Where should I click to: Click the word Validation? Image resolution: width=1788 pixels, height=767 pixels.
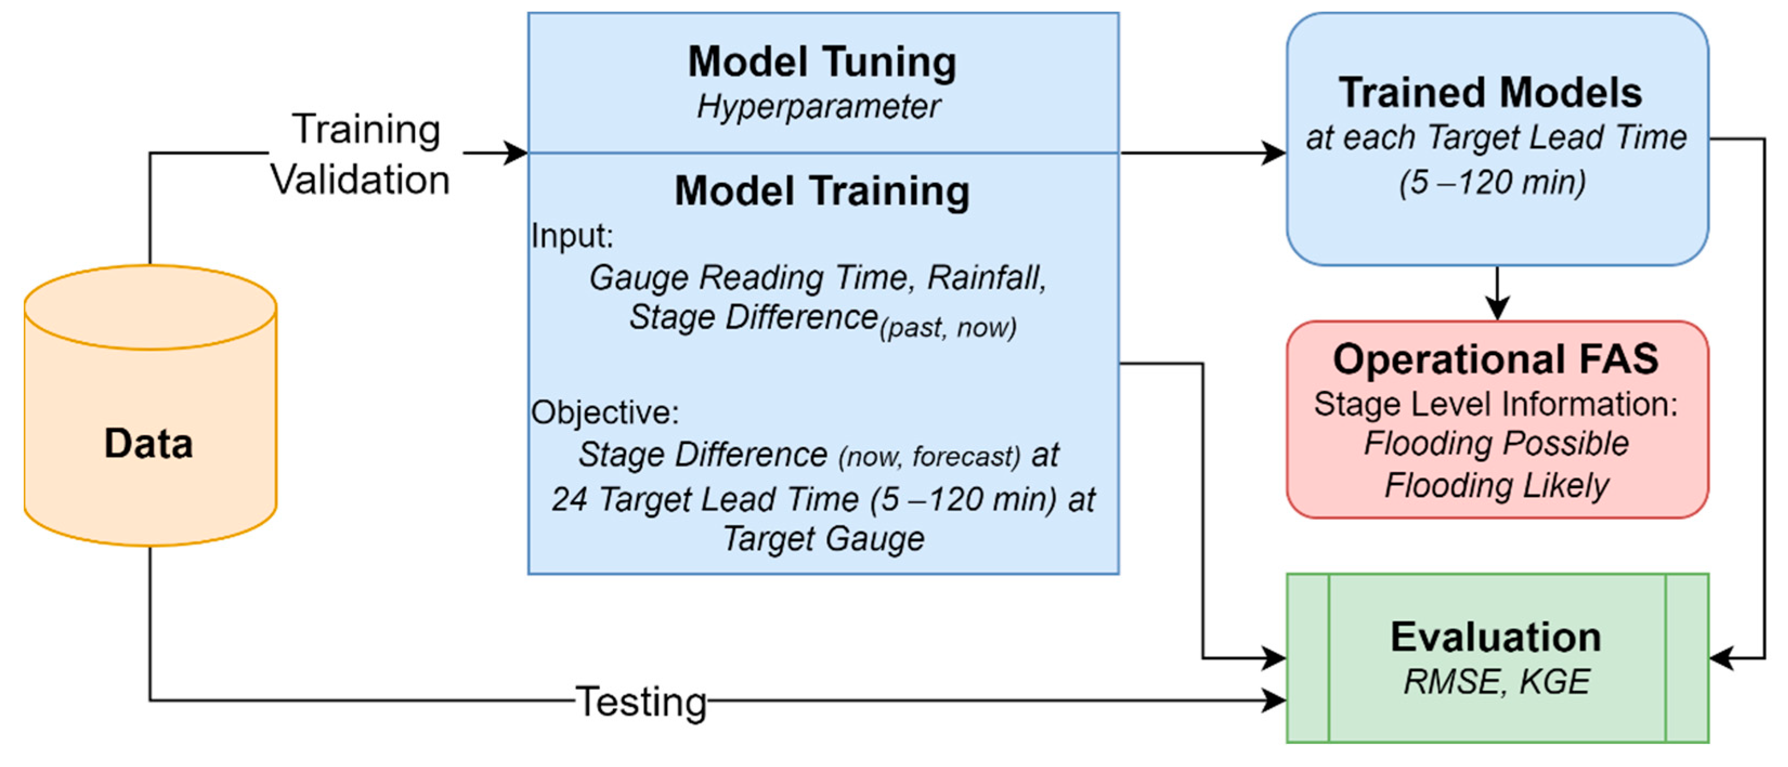pos(360,180)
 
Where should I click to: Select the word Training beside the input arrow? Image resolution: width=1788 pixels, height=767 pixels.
pos(366,129)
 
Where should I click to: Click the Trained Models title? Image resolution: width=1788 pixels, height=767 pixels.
pos(1490,93)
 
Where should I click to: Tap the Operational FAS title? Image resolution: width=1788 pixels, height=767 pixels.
pos(1496,359)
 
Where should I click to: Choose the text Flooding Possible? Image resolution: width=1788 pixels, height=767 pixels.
pos(1496,443)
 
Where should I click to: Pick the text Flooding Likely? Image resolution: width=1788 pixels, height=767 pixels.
pos(1496,484)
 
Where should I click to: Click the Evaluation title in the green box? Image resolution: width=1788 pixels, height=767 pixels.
pos(1496,637)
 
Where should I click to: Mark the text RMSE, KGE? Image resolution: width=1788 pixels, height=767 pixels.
pos(1496,681)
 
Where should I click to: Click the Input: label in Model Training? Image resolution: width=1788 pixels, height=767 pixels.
pos(572,236)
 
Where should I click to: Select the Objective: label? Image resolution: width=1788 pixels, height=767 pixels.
pos(604,412)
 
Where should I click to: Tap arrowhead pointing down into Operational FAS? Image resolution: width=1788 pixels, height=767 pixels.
pos(1497,309)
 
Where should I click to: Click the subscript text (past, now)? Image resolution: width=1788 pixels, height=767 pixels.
pos(948,327)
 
